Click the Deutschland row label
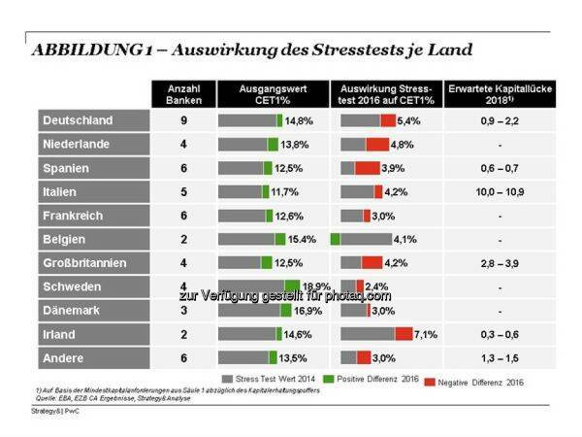pyautogui.click(x=77, y=120)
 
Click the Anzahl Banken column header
pyautogui.click(x=181, y=94)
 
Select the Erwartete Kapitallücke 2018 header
pyautogui.click(x=499, y=94)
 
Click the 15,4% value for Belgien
pyautogui.click(x=303, y=239)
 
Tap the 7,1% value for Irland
pyautogui.click(x=426, y=334)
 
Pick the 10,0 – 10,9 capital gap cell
pyautogui.click(x=499, y=191)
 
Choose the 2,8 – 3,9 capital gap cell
pyautogui.click(x=499, y=263)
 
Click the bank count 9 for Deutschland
pyautogui.click(x=181, y=120)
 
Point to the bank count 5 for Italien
pyautogui.click(x=181, y=191)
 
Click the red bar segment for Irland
pyautogui.click(x=404, y=334)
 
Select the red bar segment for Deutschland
pyautogui.click(x=388, y=120)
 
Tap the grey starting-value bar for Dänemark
pyautogui.click(x=248, y=311)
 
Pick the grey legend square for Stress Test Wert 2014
pyautogui.click(x=226, y=379)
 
